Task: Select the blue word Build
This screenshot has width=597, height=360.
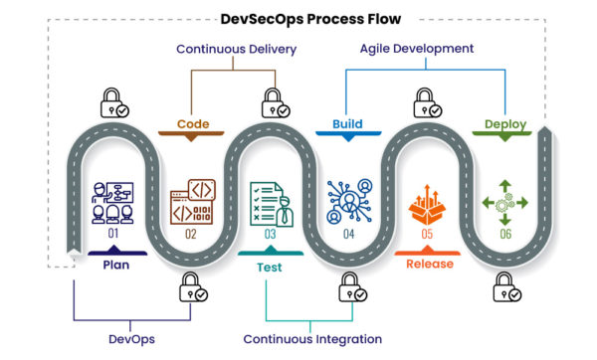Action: (x=346, y=124)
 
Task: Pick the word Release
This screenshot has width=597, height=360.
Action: (x=430, y=265)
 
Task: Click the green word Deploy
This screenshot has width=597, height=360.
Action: (x=504, y=124)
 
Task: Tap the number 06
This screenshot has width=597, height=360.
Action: (x=505, y=234)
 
